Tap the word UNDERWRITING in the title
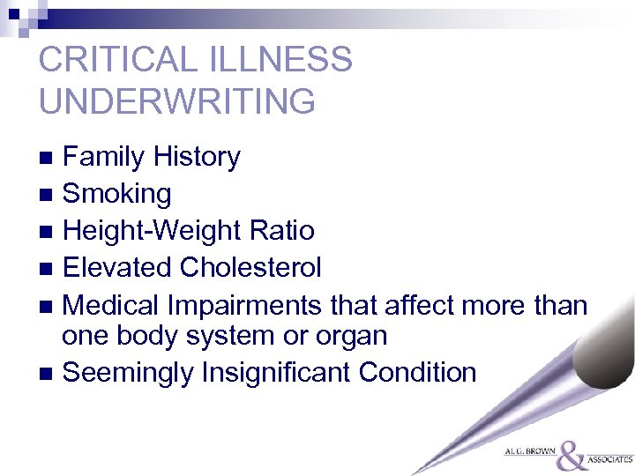(x=176, y=101)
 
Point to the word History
(x=196, y=158)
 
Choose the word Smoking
(x=117, y=195)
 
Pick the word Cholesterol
(x=251, y=267)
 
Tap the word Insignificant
(x=277, y=373)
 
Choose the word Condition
(x=417, y=373)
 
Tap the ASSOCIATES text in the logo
(x=610, y=459)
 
